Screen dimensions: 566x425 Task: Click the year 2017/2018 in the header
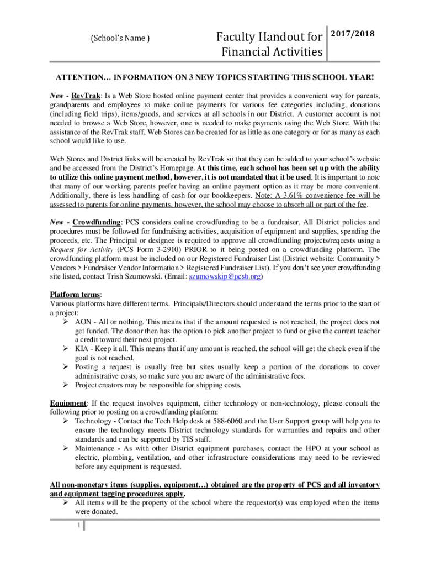point(352,34)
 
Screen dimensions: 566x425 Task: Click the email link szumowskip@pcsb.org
point(225,276)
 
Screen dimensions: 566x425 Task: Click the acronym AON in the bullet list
point(84,322)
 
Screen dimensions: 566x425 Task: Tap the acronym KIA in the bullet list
point(83,349)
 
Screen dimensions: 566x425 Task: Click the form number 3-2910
point(163,249)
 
